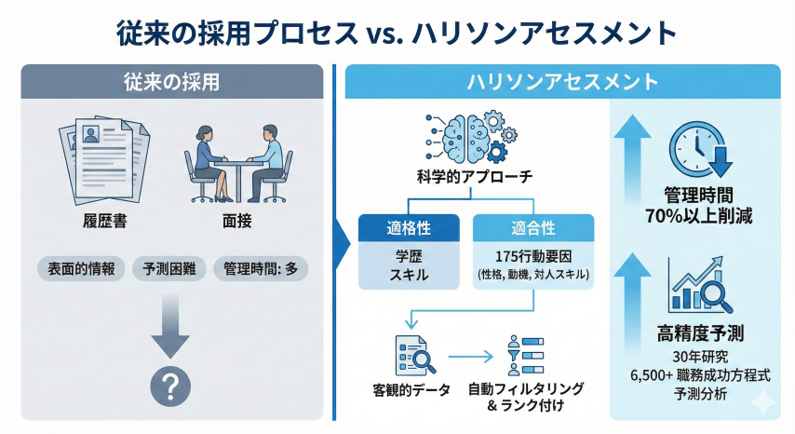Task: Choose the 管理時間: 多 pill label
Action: [260, 268]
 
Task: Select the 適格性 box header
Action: [409, 226]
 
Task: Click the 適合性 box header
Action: [533, 226]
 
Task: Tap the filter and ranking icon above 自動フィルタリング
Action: [527, 355]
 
